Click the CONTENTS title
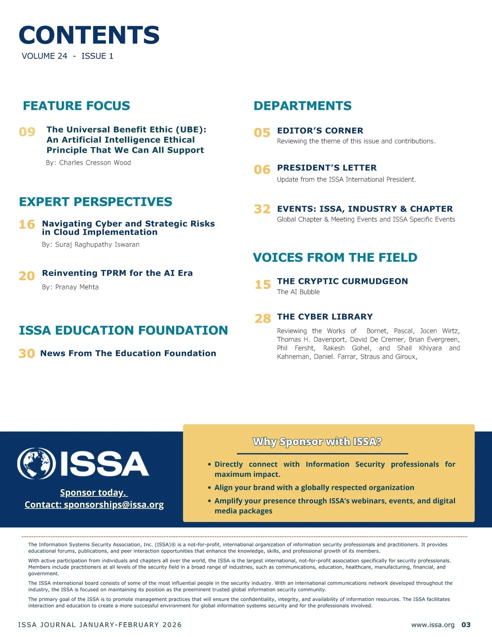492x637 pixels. coord(89,35)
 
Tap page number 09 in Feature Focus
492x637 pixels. coord(27,132)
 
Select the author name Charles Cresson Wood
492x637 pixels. coord(95,163)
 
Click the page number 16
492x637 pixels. coord(27,225)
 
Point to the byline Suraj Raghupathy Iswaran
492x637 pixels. coord(97,244)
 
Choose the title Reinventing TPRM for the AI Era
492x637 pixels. coord(117,273)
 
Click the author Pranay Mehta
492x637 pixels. coord(77,287)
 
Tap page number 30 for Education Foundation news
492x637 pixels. coord(27,354)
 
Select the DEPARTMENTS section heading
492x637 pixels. coord(303,106)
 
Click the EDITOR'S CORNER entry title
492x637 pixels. coord(320,131)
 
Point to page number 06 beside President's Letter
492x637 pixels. coord(262,170)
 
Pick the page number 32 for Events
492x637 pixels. coord(262,209)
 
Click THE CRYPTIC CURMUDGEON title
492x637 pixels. coord(342,281)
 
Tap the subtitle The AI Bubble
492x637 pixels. coord(298,292)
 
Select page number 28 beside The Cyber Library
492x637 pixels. coord(263,318)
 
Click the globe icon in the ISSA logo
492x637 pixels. coord(36,463)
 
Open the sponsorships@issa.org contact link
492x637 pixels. coord(114,504)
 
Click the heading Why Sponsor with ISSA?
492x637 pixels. coord(317,442)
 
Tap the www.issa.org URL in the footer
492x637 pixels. coord(433,625)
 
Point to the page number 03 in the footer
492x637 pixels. coord(466,625)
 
